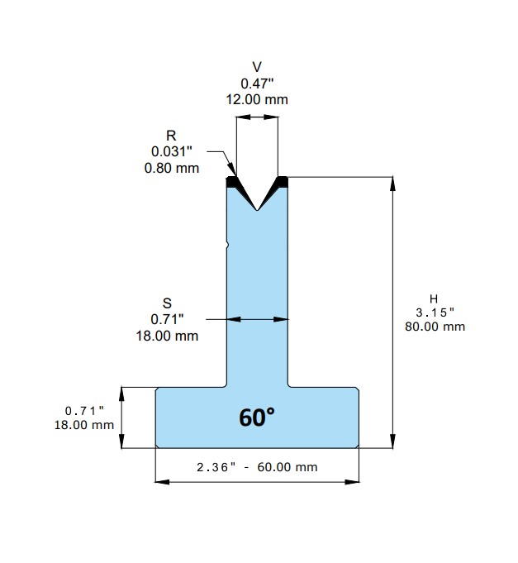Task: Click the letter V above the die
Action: pyautogui.click(x=257, y=67)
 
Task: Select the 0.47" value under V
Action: pyautogui.click(x=257, y=84)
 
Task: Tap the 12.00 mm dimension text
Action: pyautogui.click(x=257, y=99)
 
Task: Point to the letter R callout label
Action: pyautogui.click(x=172, y=136)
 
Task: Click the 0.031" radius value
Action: pyautogui.click(x=172, y=151)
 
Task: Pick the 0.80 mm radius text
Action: pyautogui.click(x=172, y=168)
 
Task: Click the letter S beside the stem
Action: pyautogui.click(x=167, y=303)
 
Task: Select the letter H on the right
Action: pyautogui.click(x=434, y=298)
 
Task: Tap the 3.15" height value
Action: pyautogui.click(x=435, y=313)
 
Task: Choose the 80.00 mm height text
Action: pyautogui.click(x=435, y=327)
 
